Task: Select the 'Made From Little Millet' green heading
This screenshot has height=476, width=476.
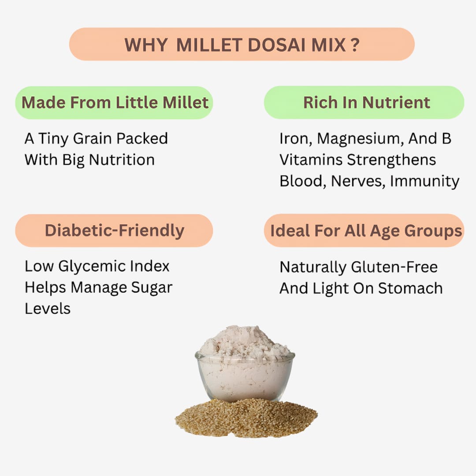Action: tap(115, 103)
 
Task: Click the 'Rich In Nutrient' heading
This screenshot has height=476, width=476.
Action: tap(366, 103)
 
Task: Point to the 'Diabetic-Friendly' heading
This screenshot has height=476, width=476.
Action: tap(115, 231)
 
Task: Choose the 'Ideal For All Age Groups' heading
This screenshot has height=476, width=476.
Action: tap(366, 231)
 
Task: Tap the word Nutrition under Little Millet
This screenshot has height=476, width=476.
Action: tap(122, 160)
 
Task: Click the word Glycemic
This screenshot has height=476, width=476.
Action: tap(85, 267)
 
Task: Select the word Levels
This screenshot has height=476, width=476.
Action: tap(48, 309)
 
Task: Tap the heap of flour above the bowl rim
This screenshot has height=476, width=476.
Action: tap(244, 342)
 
